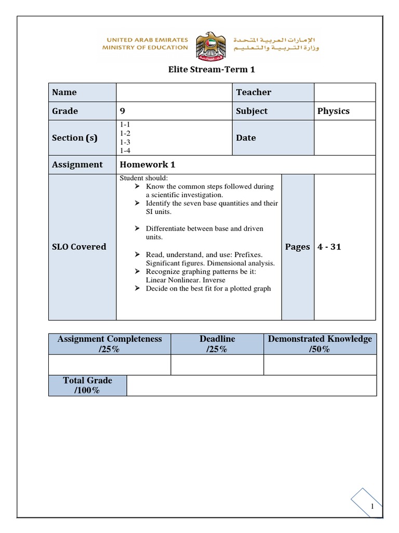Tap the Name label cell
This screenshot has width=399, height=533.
pyautogui.click(x=82, y=92)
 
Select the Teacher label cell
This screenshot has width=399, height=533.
pyautogui.click(x=272, y=92)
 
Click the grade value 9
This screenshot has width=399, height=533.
pyautogui.click(x=123, y=111)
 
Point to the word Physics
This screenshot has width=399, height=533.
pyautogui.click(x=334, y=111)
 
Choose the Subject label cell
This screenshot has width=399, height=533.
pyautogui.click(x=272, y=111)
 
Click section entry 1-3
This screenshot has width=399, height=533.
pyautogui.click(x=125, y=142)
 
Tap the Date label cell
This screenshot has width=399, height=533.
pyautogui.click(x=272, y=137)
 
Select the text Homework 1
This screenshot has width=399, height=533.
pyautogui.click(x=148, y=164)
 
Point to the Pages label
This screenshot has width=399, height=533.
pyautogui.click(x=298, y=247)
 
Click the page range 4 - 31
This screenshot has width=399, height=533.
pyautogui.click(x=329, y=247)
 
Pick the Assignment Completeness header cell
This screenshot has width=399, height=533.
pyautogui.click(x=110, y=344)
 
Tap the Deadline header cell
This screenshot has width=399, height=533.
pyautogui.click(x=217, y=344)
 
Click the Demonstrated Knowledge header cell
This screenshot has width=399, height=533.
pyautogui.click(x=320, y=344)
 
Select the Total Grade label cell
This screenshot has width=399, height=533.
pyautogui.click(x=87, y=385)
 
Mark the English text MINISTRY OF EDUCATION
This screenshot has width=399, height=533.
pyautogui.click(x=146, y=47)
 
